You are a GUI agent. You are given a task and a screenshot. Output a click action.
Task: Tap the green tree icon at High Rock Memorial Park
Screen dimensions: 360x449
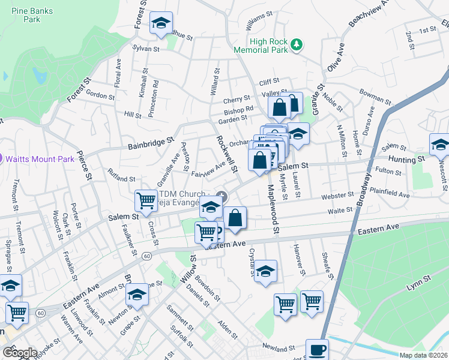pyautogui.click(x=295, y=44)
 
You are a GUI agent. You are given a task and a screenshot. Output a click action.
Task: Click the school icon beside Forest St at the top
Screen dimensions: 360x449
pyautogui.click(x=161, y=23)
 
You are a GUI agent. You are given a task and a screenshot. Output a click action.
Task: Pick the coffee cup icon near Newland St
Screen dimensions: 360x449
pyautogui.click(x=317, y=349)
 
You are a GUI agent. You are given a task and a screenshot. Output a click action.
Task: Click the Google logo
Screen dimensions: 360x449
pyautogui.click(x=20, y=353)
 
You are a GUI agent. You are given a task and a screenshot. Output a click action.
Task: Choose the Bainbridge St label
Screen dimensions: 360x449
pyautogui.click(x=150, y=142)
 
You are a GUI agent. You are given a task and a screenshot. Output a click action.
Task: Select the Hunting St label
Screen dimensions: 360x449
pyautogui.click(x=407, y=159)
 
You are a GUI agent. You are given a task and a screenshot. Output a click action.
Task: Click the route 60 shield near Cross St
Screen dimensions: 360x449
pyautogui.click(x=146, y=256)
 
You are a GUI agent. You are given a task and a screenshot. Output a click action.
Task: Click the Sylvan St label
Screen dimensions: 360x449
pyautogui.click(x=146, y=49)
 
